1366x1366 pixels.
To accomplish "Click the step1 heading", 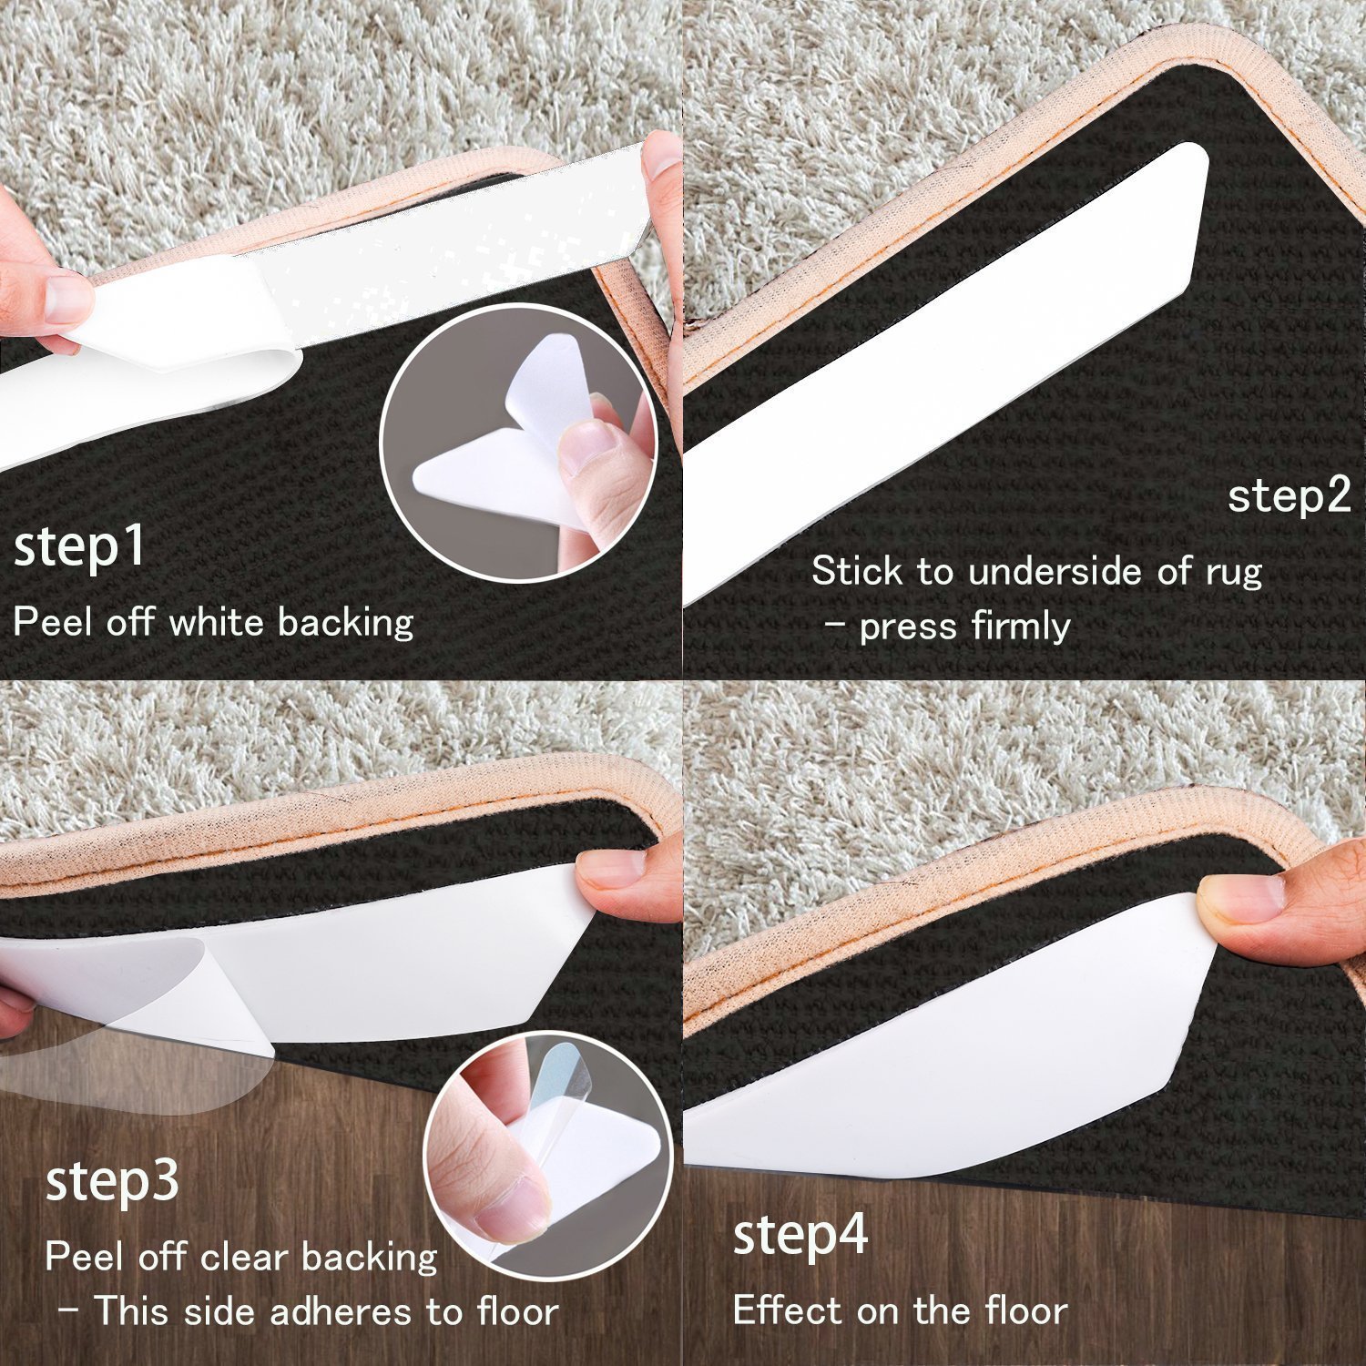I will click(80, 546).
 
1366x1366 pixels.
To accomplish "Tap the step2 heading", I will click(1289, 496).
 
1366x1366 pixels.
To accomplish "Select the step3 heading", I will click(112, 1181).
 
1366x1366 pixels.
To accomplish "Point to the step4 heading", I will click(800, 1236).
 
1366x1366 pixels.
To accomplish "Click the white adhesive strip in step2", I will click(947, 364).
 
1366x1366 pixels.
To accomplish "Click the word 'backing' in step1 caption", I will click(346, 623).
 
